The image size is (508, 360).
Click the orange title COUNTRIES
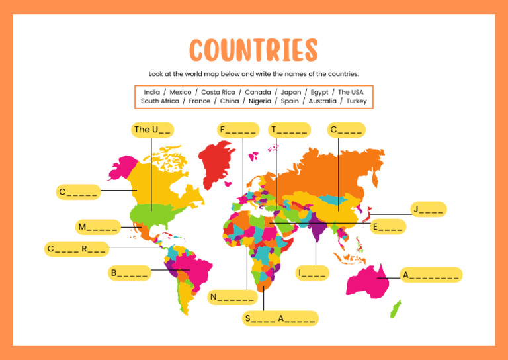click(x=254, y=50)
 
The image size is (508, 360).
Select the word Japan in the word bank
click(x=290, y=92)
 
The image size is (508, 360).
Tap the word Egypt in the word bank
click(x=319, y=92)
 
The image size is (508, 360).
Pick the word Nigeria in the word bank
click(x=259, y=101)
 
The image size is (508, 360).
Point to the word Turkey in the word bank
click(x=356, y=101)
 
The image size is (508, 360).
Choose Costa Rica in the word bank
click(x=218, y=92)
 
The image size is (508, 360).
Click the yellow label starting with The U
click(x=153, y=130)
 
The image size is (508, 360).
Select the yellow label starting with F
click(x=237, y=130)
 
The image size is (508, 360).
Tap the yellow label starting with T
click(x=289, y=130)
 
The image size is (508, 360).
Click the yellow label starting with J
click(x=428, y=210)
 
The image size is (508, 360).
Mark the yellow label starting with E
click(x=387, y=227)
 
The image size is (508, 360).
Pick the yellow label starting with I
click(x=312, y=273)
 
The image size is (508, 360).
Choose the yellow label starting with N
click(x=232, y=297)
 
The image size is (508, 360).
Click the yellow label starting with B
click(x=130, y=273)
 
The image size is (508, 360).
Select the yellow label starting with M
click(x=98, y=227)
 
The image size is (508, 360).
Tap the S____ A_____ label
click(x=280, y=318)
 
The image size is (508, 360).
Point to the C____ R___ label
click(x=76, y=249)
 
